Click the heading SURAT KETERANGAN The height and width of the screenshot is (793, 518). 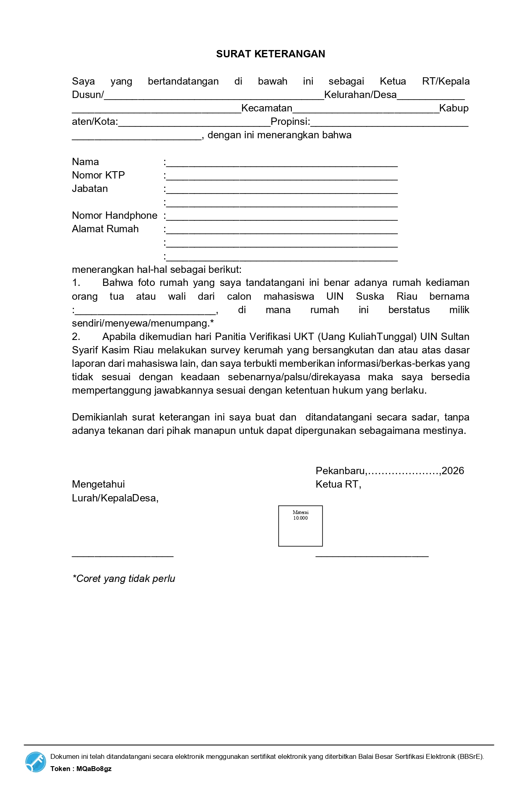click(x=270, y=54)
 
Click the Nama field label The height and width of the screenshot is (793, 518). click(x=85, y=162)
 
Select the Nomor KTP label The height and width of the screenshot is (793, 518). click(x=98, y=175)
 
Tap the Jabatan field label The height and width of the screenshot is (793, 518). click(x=90, y=189)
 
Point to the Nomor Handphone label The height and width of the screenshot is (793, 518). click(x=115, y=216)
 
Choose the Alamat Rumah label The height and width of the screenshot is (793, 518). click(x=105, y=229)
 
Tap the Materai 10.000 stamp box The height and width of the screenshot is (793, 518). click(x=300, y=526)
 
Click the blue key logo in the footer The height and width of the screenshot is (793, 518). click(x=36, y=762)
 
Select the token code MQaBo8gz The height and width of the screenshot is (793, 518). click(x=94, y=769)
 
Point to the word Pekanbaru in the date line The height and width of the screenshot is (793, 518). click(x=340, y=471)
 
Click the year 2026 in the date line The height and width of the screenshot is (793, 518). click(x=453, y=471)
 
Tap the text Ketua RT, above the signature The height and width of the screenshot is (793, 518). click(x=338, y=484)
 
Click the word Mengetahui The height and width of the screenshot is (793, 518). click(x=98, y=484)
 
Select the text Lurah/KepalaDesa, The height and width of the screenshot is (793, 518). click(x=115, y=498)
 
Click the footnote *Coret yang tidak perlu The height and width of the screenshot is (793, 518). click(x=124, y=579)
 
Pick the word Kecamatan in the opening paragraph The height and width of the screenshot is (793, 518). click(x=267, y=108)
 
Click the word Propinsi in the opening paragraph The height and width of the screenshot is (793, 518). click(x=290, y=122)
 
